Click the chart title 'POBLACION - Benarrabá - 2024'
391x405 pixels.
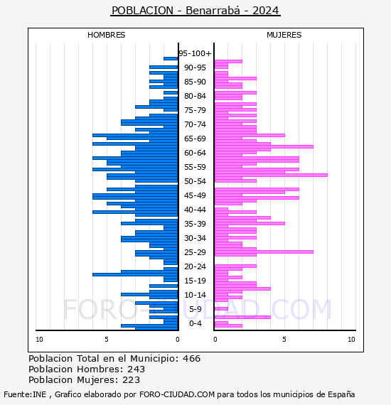pyautogui.click(x=195, y=11)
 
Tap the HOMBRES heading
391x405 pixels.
pyautogui.click(x=106, y=35)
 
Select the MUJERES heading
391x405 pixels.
pyautogui.click(x=284, y=35)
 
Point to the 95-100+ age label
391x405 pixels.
pyautogui.click(x=195, y=53)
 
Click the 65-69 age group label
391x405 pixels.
pyautogui.click(x=195, y=139)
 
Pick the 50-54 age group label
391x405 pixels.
pyautogui.click(x=195, y=181)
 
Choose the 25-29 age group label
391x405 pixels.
pyautogui.click(x=195, y=252)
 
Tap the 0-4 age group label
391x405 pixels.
pyautogui.click(x=195, y=323)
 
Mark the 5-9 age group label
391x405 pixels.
pyautogui.click(x=195, y=309)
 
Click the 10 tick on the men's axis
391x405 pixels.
pyautogui.click(x=39, y=340)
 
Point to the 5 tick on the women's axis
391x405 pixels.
pyautogui.click(x=284, y=340)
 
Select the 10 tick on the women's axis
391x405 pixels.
pyautogui.click(x=351, y=340)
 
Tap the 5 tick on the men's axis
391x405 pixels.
pyautogui.click(x=107, y=340)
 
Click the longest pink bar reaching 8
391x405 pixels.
pyautogui.click(x=271, y=175)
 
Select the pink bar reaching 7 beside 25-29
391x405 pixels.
pyautogui.click(x=264, y=252)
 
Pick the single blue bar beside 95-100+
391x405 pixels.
pyautogui.click(x=171, y=59)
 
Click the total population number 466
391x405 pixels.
pyautogui.click(x=191, y=359)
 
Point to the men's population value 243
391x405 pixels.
pyautogui.click(x=136, y=369)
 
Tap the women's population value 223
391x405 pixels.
pyautogui.click(x=131, y=379)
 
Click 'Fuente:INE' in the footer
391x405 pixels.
pyautogui.click(x=25, y=394)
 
